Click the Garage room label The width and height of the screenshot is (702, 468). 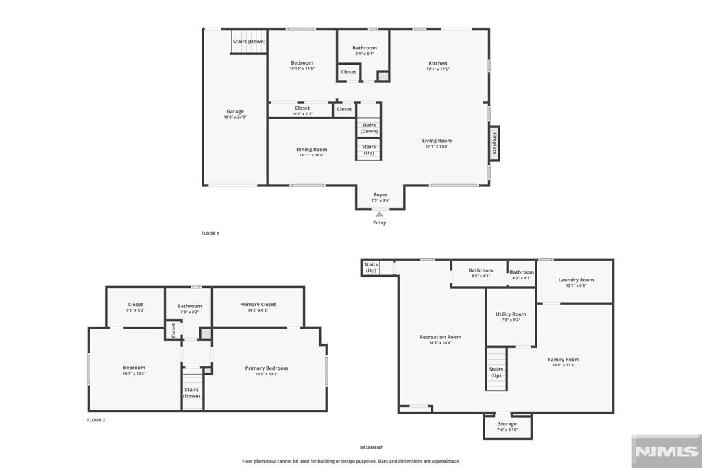pos(235,111)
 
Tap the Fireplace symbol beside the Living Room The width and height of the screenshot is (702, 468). pos(494,144)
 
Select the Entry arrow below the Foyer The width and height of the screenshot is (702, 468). pos(379,215)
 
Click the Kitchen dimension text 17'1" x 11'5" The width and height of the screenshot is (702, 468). pos(437,69)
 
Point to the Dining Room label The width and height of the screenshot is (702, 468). pos(311,150)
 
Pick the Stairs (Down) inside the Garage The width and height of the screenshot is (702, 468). pos(249,42)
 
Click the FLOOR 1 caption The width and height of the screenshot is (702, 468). pos(210,233)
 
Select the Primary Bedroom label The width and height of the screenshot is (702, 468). pos(267,368)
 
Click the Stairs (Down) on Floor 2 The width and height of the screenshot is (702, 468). pos(192,393)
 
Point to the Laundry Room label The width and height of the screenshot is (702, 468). pos(576,280)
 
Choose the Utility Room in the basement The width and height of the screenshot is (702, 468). pos(511,316)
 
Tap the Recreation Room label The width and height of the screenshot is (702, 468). pos(440,337)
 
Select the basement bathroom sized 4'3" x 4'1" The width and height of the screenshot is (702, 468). pos(522,274)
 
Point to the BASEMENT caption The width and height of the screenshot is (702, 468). pos(371,447)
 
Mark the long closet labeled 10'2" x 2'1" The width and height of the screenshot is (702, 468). pos(302,110)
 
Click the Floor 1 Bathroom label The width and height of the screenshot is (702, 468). pos(365,48)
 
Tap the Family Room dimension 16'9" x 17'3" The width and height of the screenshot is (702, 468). pos(564,365)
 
